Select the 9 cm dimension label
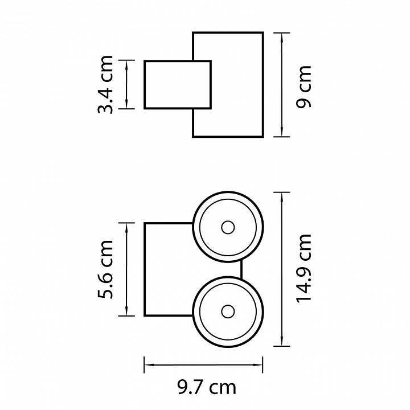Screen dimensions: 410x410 coord(305,85)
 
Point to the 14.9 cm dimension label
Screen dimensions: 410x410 coord(305,269)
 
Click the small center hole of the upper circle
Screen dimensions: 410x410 coord(228,228)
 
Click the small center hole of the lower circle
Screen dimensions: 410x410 coord(228,311)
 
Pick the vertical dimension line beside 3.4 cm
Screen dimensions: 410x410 coord(126,84)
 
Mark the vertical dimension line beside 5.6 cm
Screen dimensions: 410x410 coord(126,269)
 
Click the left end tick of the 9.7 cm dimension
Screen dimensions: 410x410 coord(144,362)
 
